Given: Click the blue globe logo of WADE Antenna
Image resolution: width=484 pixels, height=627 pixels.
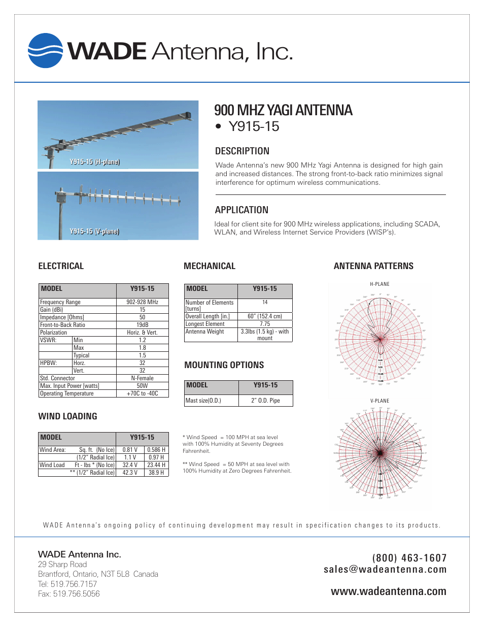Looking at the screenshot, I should (46, 51).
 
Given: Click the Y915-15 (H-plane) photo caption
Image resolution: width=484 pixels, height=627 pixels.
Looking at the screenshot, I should (94, 162).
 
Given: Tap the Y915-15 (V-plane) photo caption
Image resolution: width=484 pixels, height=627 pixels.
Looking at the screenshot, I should (94, 232).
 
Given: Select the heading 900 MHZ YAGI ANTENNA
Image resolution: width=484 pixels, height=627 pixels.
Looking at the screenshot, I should (283, 110).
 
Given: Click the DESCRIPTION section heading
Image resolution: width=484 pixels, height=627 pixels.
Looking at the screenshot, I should (242, 151).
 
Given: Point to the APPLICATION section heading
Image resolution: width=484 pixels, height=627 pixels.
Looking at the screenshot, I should (241, 210).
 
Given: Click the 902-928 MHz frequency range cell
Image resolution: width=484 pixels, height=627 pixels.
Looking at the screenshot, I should (142, 302).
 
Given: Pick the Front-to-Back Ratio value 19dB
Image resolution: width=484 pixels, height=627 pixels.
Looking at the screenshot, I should (142, 325).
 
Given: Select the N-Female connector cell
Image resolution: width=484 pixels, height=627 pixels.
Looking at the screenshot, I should (142, 378).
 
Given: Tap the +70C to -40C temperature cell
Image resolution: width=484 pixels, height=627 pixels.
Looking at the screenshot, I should (142, 393).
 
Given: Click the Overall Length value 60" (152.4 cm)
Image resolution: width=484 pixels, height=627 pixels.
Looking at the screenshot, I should (265, 316).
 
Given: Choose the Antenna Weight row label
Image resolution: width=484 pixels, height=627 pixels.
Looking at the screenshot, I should (205, 332).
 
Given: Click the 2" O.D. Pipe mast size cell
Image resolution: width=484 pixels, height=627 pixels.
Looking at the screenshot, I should (265, 401).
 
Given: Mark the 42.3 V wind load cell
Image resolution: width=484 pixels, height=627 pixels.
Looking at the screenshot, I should (130, 473).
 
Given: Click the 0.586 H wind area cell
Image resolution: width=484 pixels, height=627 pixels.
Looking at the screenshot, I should (156, 450).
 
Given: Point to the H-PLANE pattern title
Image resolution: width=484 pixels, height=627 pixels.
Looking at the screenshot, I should (379, 284).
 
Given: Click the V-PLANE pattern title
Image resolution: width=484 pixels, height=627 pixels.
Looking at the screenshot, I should (379, 401).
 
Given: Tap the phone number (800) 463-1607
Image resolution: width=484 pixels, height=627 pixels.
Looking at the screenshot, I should (409, 558).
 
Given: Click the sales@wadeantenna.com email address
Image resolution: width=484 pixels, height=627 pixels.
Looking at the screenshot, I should (385, 570).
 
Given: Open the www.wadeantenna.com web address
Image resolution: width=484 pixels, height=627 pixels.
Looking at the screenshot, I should (388, 591).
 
